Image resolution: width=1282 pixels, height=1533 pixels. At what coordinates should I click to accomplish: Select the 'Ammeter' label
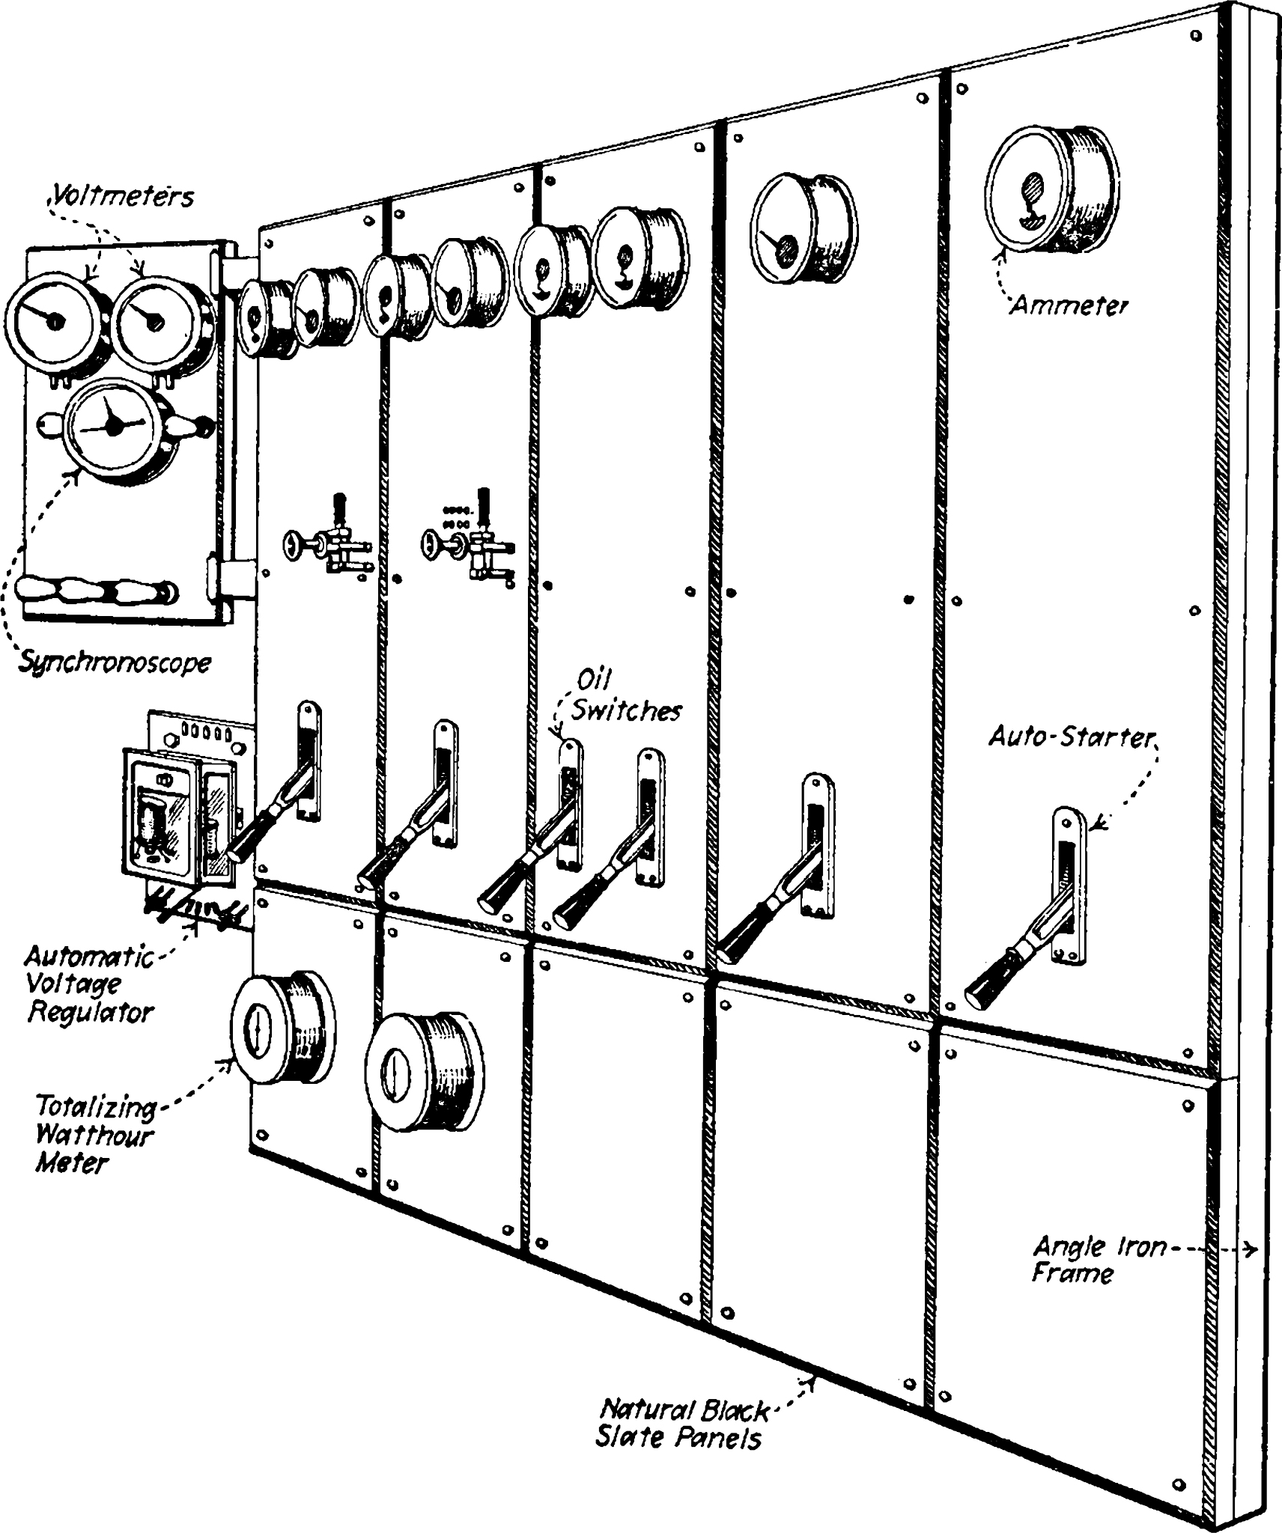tap(1069, 305)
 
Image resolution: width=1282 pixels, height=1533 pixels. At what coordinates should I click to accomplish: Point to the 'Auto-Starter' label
tap(1072, 737)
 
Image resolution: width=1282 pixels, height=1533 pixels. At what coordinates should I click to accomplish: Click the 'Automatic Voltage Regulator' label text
tap(88, 984)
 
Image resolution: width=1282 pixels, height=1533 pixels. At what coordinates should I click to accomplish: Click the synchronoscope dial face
tap(111, 427)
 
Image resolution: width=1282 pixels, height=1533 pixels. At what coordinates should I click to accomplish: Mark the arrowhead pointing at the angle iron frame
tap(1251, 1249)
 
